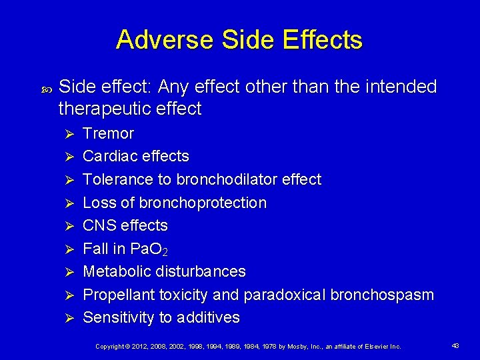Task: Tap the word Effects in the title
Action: pos(323,40)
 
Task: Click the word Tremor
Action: pos(108,133)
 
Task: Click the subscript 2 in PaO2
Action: pos(165,252)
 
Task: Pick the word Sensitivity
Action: pos(118,317)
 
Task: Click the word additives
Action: pos(209,317)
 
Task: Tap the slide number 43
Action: pos(456,345)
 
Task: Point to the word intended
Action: pos(401,87)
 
